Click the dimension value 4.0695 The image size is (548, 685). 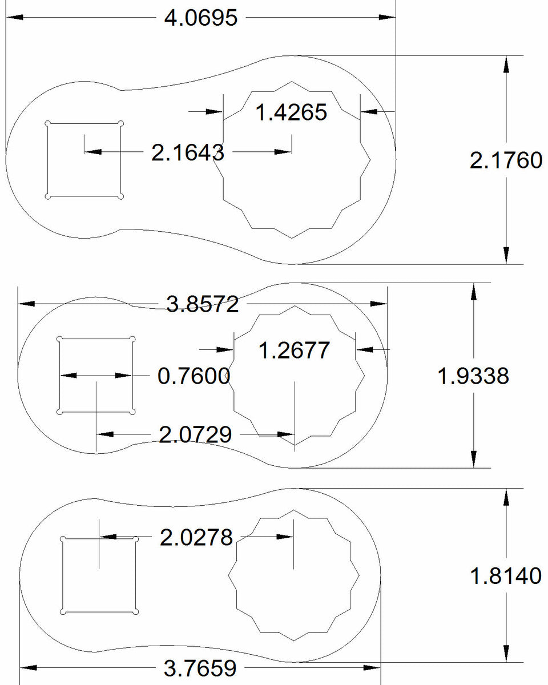[200, 18]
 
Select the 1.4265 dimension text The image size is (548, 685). [291, 112]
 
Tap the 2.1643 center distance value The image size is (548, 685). [187, 152]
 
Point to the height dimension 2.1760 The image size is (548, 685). [506, 160]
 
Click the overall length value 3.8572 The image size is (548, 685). [202, 304]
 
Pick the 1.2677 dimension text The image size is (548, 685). [294, 349]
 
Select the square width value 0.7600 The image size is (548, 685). [194, 376]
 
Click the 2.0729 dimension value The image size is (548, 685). [195, 435]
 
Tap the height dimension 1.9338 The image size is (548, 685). [473, 376]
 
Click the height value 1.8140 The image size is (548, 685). [505, 575]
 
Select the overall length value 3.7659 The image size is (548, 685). [200, 667]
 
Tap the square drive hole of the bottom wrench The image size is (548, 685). [99, 575]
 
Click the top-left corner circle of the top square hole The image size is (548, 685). [48, 123]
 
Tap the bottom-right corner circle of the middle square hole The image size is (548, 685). [132, 412]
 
